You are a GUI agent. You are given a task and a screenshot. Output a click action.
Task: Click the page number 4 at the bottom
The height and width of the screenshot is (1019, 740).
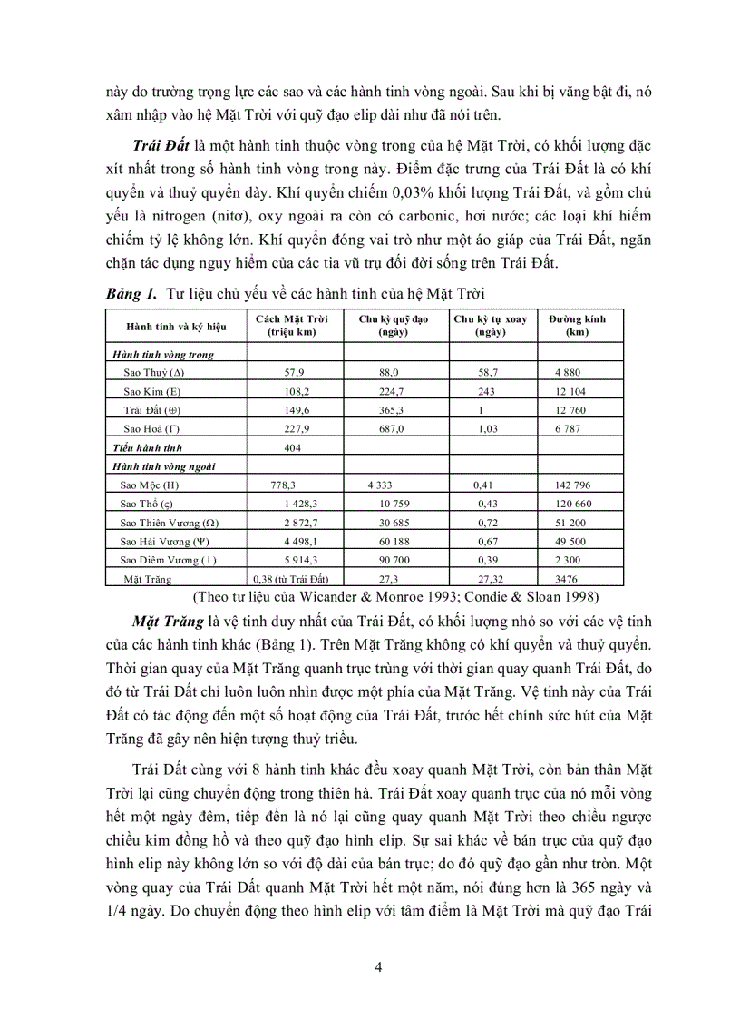378,965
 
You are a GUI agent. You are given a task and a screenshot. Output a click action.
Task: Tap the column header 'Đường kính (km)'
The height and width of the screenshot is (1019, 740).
577,326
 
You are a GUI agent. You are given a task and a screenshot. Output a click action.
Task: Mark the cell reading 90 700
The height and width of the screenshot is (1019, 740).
393,560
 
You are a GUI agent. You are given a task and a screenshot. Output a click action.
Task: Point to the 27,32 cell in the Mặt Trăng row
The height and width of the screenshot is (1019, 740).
490,578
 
